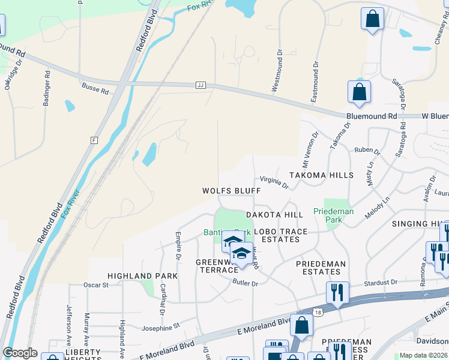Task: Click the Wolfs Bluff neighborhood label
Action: [231, 190]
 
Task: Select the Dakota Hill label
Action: [274, 215]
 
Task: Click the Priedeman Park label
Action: [333, 215]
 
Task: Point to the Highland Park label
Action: [142, 276]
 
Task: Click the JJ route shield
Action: [200, 86]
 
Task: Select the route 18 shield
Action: [316, 311]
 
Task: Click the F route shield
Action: [94, 140]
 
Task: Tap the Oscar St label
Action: [96, 285]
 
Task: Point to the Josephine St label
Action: [160, 327]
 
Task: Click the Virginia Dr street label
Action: [274, 182]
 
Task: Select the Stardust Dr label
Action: [381, 282]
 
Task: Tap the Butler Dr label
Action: [245, 283]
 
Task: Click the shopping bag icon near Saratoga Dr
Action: [359, 92]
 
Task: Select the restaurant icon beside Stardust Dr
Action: [337, 292]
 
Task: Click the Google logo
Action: [20, 353]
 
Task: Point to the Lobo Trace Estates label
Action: [280, 235]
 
